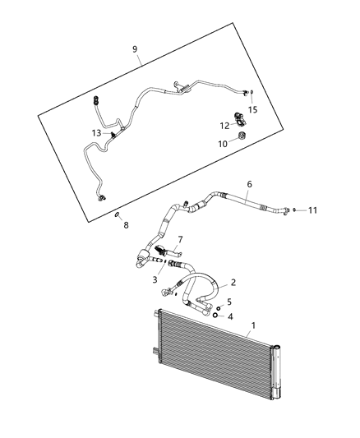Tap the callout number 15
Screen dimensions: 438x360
pyautogui.click(x=253, y=109)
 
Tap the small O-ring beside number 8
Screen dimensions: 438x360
pyautogui.click(x=118, y=214)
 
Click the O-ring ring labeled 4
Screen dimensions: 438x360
pyautogui.click(x=215, y=315)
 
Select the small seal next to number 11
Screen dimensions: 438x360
pyautogui.click(x=295, y=210)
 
